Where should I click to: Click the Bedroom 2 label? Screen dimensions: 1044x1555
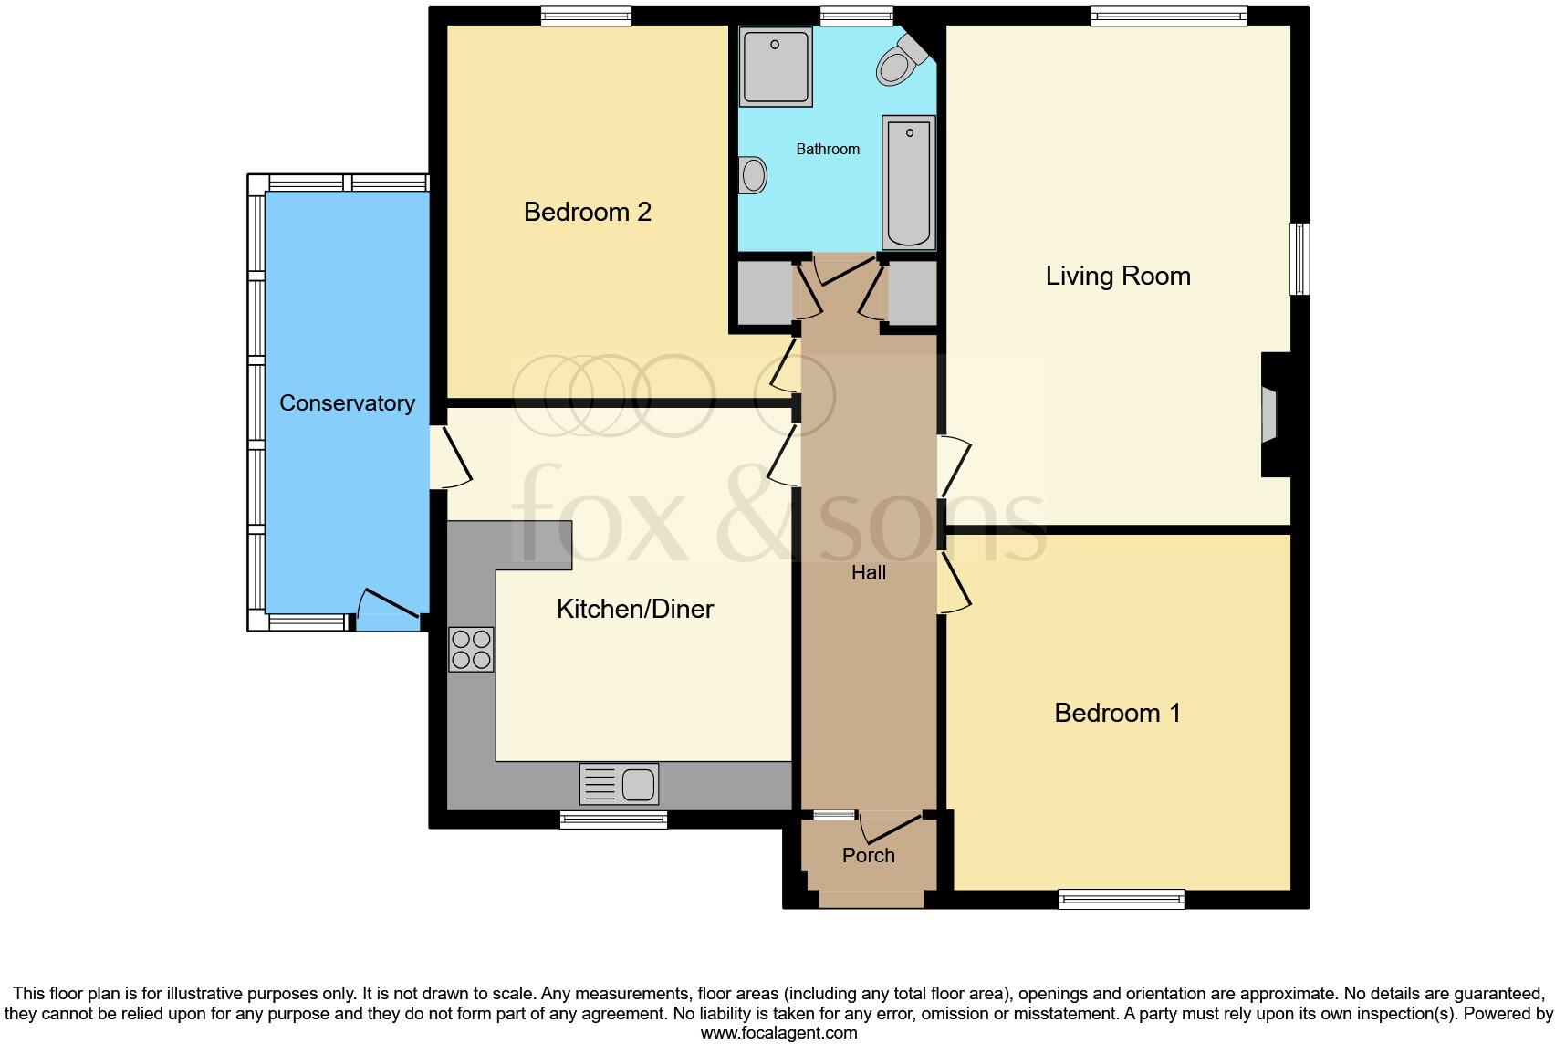coord(587,213)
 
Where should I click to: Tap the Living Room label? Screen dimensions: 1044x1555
coord(1117,277)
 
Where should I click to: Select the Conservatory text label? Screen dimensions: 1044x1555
coord(347,403)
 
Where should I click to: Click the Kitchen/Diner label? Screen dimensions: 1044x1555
coord(634,610)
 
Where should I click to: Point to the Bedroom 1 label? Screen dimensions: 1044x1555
coord(1117,713)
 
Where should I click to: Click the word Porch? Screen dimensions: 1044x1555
coord(868,856)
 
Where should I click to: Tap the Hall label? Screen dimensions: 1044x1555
coord(868,573)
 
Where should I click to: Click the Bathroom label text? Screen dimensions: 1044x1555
coord(828,150)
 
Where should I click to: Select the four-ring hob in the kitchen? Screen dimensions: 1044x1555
coord(471,650)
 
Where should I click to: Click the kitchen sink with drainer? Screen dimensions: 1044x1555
coord(619,784)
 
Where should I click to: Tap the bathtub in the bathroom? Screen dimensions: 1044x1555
coord(908,183)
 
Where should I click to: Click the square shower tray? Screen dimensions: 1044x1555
coord(776,67)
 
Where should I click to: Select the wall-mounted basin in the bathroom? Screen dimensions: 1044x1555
coord(753,174)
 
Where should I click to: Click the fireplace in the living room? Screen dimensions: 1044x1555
coord(1269,414)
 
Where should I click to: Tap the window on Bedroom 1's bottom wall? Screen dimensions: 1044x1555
coord(1121,900)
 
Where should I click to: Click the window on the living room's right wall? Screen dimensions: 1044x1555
coord(1299,259)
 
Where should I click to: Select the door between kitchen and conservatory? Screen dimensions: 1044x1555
coord(450,458)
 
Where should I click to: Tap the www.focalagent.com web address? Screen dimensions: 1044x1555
coord(778,1034)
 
